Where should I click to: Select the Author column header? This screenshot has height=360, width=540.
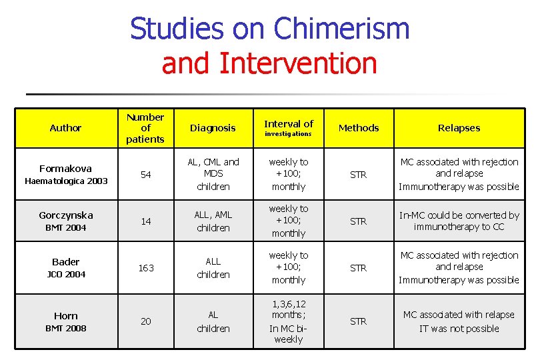[x=65, y=128]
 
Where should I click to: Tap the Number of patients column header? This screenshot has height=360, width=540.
[x=145, y=128]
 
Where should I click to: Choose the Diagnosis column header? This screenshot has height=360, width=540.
[x=213, y=128]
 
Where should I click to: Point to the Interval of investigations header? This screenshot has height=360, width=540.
[x=288, y=127]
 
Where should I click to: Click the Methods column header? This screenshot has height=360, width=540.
[x=359, y=128]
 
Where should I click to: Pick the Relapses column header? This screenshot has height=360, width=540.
[x=459, y=128]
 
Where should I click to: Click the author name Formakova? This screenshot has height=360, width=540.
[x=65, y=169]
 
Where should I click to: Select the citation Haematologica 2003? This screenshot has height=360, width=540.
[x=65, y=181]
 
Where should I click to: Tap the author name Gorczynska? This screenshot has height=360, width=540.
[x=65, y=215]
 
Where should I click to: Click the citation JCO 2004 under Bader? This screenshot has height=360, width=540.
[x=65, y=275]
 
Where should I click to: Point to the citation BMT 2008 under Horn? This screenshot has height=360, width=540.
[x=65, y=328]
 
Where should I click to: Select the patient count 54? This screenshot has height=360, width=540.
[x=145, y=175]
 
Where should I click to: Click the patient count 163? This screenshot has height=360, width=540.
[x=145, y=268]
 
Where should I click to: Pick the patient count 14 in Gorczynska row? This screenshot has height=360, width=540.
[x=145, y=221]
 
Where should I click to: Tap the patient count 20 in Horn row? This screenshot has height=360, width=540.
[x=145, y=321]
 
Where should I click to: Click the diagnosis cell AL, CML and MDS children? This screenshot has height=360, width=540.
[x=213, y=174]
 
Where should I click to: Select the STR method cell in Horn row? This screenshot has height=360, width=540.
[x=359, y=321]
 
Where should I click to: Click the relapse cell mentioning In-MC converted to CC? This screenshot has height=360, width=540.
[x=459, y=221]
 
